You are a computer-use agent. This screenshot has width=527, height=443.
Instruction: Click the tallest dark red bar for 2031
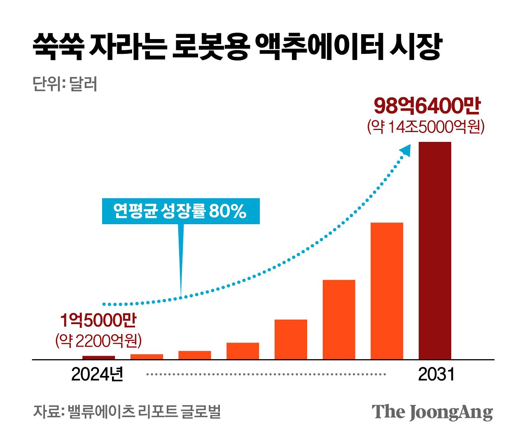click(435, 250)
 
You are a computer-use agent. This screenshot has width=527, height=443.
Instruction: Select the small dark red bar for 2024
click(98, 357)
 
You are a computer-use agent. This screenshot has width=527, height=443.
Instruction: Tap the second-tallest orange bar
click(387, 291)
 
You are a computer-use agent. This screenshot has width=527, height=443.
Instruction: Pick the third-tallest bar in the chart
click(339, 320)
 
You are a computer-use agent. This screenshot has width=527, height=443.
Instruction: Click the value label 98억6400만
click(427, 106)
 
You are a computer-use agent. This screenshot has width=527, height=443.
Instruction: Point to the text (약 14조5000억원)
click(426, 127)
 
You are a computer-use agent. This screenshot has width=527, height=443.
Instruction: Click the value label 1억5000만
click(98, 321)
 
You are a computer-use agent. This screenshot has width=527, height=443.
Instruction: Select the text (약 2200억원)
click(98, 341)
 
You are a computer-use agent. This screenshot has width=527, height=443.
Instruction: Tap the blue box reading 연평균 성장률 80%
click(180, 211)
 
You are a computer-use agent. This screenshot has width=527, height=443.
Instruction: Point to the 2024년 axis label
click(97, 374)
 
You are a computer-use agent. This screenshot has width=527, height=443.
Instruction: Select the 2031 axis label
click(436, 374)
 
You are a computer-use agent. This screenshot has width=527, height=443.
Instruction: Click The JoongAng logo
click(432, 412)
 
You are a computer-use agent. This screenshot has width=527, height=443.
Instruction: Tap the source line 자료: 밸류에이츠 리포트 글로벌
click(127, 411)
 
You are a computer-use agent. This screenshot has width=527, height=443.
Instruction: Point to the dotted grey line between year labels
click(266, 374)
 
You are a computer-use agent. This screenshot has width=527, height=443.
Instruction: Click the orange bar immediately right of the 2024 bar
click(147, 357)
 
